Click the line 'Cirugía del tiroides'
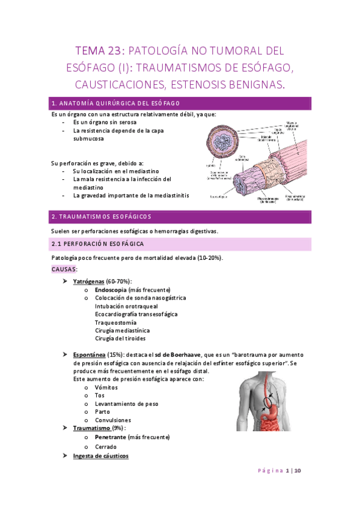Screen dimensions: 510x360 (x=120, y=339)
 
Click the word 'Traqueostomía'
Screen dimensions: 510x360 (x=115, y=322)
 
